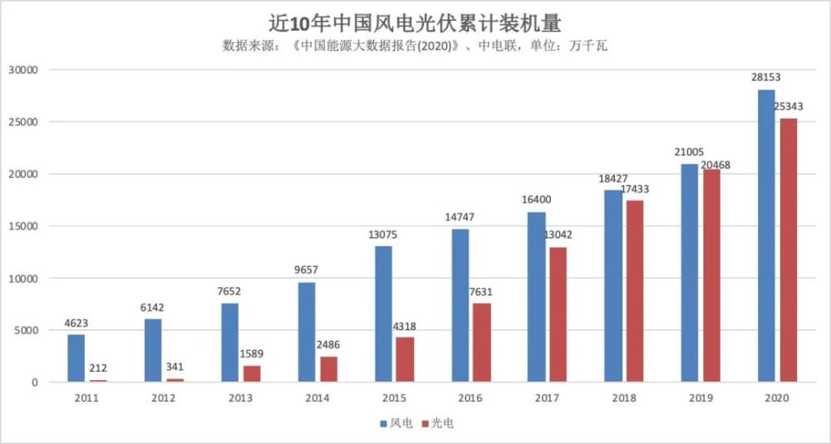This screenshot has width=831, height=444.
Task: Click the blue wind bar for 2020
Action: (766, 235)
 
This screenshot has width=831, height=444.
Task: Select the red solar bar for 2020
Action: (788, 249)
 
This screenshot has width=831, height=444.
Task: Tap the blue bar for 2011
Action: (76, 358)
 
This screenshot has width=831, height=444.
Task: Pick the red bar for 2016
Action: (481, 342)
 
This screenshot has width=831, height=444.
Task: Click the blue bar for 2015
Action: (383, 313)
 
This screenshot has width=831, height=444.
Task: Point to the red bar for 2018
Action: (635, 290)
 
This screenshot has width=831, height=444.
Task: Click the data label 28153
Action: (766, 77)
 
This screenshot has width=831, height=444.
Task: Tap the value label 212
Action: (98, 368)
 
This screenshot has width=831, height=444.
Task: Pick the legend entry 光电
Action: (441, 423)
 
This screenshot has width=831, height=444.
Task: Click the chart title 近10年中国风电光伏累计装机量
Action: (415, 20)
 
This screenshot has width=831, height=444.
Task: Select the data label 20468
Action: (715, 165)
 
